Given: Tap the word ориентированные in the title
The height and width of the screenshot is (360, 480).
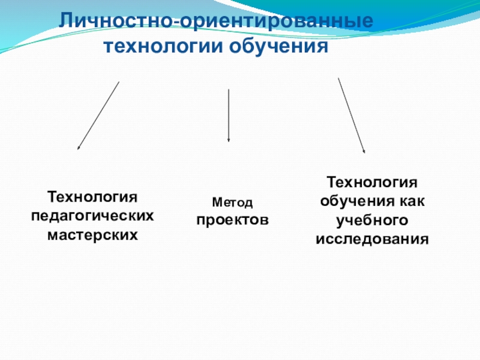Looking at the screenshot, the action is (277, 22).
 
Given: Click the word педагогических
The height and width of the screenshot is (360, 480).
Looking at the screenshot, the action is (92, 215).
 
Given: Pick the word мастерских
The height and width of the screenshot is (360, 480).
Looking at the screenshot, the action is (92, 235).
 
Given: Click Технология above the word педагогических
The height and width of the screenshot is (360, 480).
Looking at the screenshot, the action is (92, 196).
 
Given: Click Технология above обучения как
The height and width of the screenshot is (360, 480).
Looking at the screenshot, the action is (371, 181).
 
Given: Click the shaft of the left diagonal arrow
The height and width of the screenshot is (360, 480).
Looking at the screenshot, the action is (98, 115).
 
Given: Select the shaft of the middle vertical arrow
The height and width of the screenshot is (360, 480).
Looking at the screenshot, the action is (229, 114).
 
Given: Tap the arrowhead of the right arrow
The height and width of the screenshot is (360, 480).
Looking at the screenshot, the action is (364, 152).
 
